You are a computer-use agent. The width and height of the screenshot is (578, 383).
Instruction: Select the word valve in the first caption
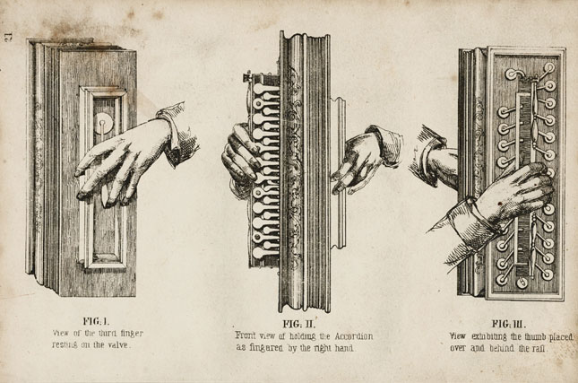coord(116,344)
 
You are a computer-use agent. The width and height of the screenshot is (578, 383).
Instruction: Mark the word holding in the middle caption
coord(293,335)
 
